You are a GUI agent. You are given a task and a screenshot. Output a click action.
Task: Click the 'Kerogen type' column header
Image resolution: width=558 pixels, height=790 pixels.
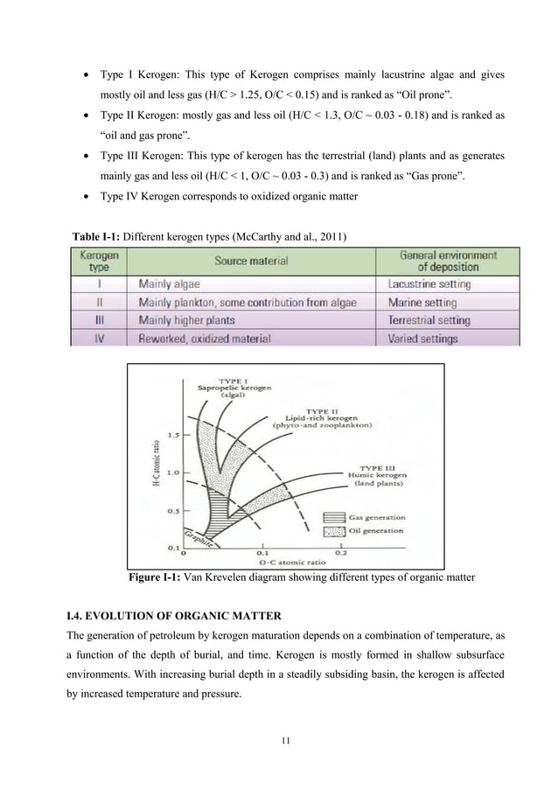click(x=99, y=260)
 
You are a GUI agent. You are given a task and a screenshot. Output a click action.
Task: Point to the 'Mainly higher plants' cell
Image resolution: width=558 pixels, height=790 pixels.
click(x=191, y=320)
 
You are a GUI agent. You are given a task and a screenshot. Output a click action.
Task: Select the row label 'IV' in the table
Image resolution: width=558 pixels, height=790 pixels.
click(x=99, y=338)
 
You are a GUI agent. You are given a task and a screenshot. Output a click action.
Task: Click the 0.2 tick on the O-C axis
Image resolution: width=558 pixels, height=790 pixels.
click(x=340, y=553)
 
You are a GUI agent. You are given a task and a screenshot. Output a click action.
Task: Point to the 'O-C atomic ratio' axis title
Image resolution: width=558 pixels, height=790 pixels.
click(x=268, y=562)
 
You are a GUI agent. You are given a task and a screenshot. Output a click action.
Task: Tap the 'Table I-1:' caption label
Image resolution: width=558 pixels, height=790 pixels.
click(x=101, y=234)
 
